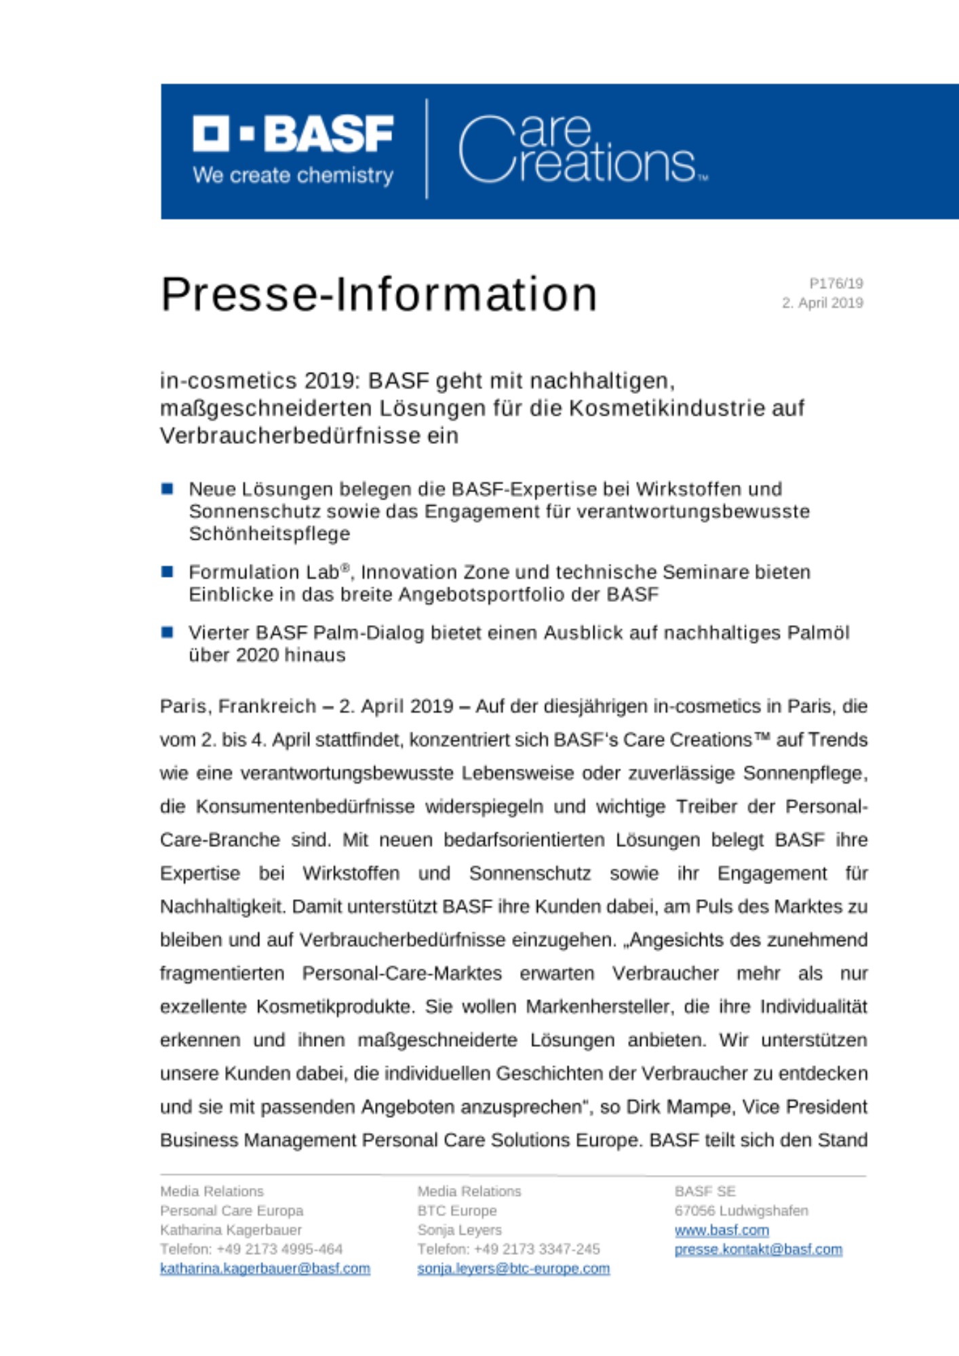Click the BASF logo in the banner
293,134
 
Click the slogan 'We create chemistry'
293,176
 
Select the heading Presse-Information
378,294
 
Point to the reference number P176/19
836,283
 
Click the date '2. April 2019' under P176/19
822,303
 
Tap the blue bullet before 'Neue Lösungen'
168,489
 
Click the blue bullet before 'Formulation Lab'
168,572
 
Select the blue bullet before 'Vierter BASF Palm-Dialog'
168,633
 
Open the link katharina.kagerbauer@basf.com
265,1269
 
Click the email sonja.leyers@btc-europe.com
513,1269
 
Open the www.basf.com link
722,1230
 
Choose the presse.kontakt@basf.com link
758,1250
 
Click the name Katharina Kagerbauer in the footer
231,1230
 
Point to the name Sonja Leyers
459,1230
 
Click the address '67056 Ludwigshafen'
741,1211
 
